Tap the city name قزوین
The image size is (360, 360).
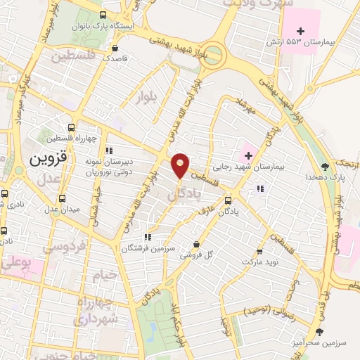pos(47,159)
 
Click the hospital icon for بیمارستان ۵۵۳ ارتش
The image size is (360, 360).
pos(302,30)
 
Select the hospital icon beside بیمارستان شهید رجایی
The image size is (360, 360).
pos(247,154)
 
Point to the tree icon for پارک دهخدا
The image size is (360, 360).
pos(325,166)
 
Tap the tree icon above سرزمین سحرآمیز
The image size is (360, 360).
pos(320,330)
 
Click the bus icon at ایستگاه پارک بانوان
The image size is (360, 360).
pos(103,15)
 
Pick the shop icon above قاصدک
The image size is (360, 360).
pos(115,48)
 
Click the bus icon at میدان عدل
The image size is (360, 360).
pos(61,198)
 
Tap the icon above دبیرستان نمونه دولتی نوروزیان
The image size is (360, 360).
pos(109,150)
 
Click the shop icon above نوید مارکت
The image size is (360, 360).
pos(259,250)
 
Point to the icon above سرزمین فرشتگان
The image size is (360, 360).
pos(146,237)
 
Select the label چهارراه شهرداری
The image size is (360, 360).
pos(98,311)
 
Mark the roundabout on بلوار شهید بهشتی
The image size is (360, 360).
pos(214,52)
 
